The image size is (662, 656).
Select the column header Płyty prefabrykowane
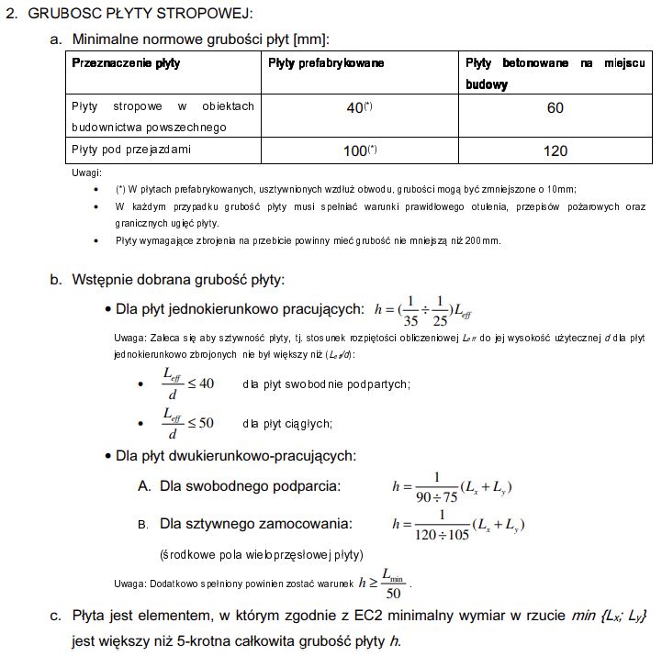pos(326,63)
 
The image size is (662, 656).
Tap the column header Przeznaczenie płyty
pos(126,63)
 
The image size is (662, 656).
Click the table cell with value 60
pos(555,108)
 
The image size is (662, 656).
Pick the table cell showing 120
pos(555,150)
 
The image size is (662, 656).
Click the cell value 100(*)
pos(359,150)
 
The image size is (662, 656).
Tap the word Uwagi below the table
pos(86,172)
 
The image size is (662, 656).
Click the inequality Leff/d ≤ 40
pos(187,384)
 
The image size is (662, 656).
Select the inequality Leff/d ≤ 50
pos(187,423)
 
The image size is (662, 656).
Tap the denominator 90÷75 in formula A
pos(437,496)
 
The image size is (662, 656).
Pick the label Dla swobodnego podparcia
pos(249,485)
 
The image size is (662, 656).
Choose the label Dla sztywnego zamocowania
pos(255,524)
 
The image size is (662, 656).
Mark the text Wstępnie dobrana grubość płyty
pos(178,280)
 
